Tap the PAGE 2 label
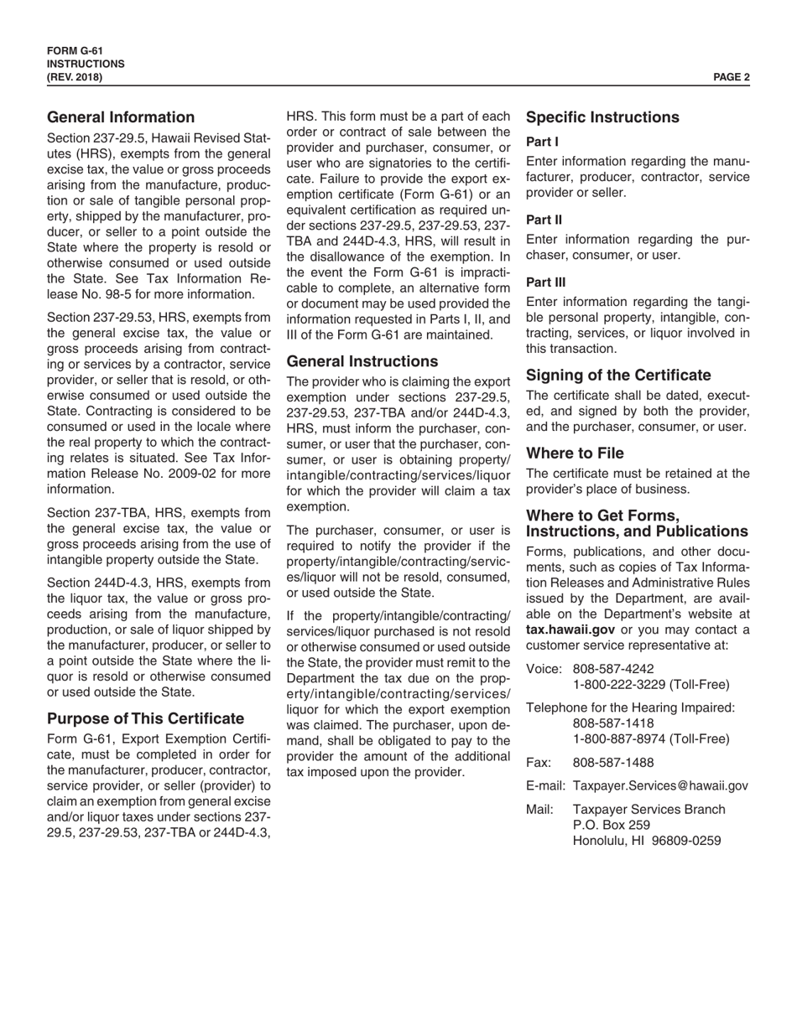[x=732, y=77]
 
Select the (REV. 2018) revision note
[x=76, y=77]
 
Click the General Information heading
[x=121, y=117]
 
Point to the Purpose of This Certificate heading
[x=146, y=718]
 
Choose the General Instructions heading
[x=362, y=361]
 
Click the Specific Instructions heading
[x=602, y=117]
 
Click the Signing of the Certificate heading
[x=618, y=375]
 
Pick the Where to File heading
[x=575, y=453]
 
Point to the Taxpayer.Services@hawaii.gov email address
[x=660, y=785]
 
